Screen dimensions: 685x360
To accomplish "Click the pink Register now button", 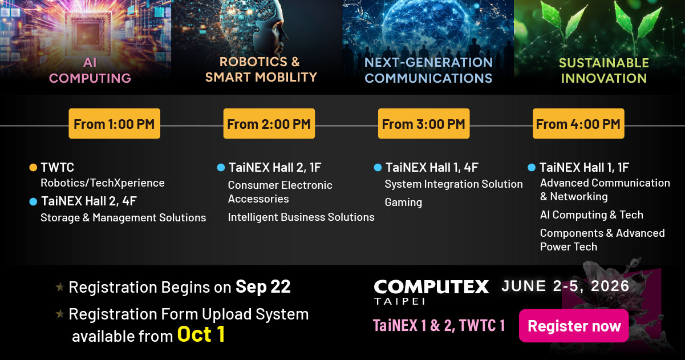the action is point(574,326).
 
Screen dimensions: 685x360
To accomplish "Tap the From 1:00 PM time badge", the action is point(115,124).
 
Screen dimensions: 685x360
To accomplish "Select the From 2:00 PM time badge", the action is point(269,124).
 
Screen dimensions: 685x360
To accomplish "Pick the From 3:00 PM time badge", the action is point(424,124).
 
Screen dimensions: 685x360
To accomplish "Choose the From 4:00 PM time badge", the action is point(578,124).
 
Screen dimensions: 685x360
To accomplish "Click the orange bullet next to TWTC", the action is point(33,168).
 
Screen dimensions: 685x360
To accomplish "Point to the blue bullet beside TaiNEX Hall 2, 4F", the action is point(33,201).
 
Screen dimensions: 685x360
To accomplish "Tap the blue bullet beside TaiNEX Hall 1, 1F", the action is point(532,168).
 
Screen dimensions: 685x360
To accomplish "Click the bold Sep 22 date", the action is point(263,286).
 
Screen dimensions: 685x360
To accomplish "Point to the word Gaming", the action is point(403,202).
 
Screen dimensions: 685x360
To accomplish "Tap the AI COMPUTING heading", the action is point(90,70).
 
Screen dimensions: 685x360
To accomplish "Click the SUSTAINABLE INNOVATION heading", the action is point(603,70).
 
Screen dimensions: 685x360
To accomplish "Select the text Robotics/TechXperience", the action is point(103,183).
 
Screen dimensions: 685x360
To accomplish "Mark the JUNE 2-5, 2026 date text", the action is point(565,286).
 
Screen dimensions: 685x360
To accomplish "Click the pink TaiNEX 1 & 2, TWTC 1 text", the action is point(439,325).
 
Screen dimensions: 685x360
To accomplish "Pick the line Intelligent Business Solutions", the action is point(301,217).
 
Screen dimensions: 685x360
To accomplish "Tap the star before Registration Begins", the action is point(60,287).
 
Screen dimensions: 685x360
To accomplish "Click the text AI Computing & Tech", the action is point(591,215).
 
